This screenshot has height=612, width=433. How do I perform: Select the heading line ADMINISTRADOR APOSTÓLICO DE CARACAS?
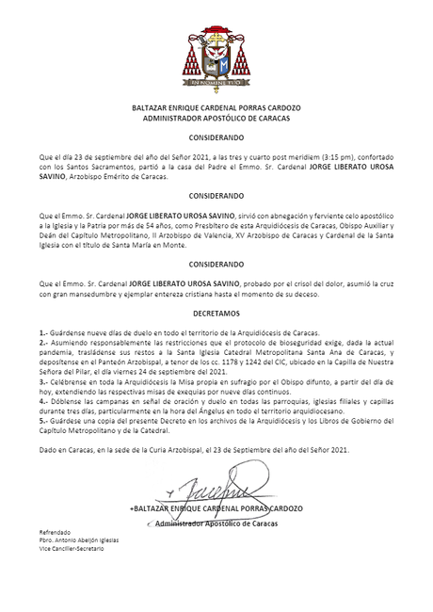coord(216,119)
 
